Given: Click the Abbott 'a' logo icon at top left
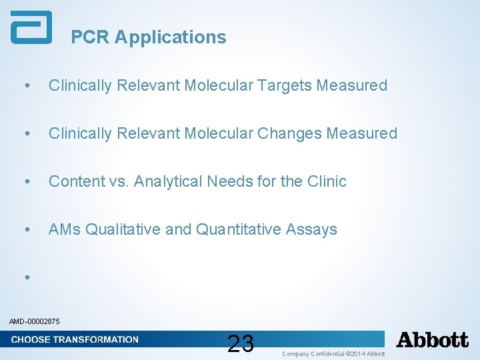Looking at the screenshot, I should point(31,28).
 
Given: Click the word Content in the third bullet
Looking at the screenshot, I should point(76,181).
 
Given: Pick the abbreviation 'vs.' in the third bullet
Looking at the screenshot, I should point(118,181).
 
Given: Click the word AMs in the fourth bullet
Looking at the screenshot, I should point(65,229).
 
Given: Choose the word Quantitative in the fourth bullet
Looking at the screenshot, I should point(238,229).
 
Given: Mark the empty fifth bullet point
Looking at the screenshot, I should point(26,276).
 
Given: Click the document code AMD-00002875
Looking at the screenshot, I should point(35,322).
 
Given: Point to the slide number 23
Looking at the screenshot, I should point(240,343).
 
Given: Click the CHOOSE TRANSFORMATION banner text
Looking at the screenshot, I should point(75,339).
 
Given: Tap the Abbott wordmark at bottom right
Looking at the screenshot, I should point(432,340).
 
